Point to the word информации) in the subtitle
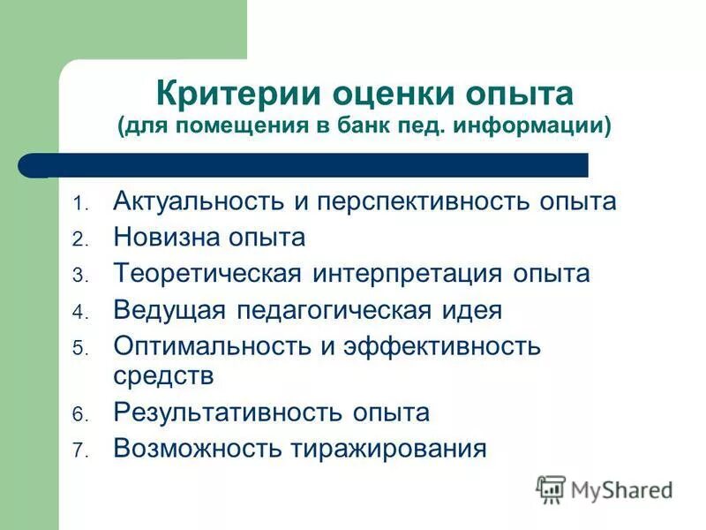pyautogui.click(x=534, y=124)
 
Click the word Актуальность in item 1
pyautogui.click(x=199, y=201)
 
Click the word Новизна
pyautogui.click(x=167, y=238)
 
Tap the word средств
pyautogui.click(x=163, y=375)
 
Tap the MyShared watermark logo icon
pyautogui.click(x=551, y=488)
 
